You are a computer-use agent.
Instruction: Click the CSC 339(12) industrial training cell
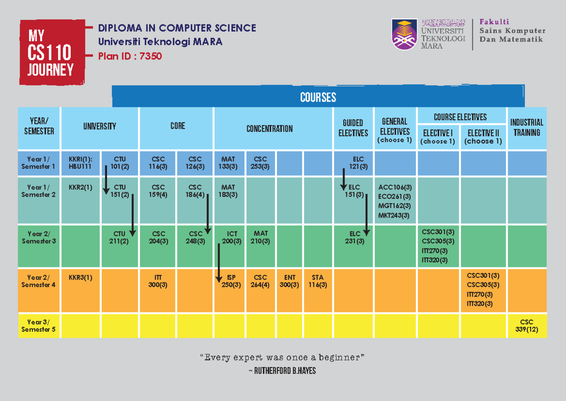(527, 325)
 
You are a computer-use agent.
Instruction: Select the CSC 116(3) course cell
(158, 162)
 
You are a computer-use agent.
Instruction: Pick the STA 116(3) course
(317, 281)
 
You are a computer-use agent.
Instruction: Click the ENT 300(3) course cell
(290, 281)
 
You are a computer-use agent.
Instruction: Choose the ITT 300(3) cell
(158, 281)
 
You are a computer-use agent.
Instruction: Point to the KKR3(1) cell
(80, 278)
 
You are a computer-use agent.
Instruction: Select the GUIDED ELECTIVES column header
(353, 128)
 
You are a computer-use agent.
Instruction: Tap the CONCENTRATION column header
(269, 128)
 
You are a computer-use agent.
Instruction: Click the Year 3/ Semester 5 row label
(39, 325)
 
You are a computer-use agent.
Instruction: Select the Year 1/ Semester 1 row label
(39, 162)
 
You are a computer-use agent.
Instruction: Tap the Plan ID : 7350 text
(130, 57)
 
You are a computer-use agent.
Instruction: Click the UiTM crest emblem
(404, 34)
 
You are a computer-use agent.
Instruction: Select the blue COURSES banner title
(318, 97)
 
